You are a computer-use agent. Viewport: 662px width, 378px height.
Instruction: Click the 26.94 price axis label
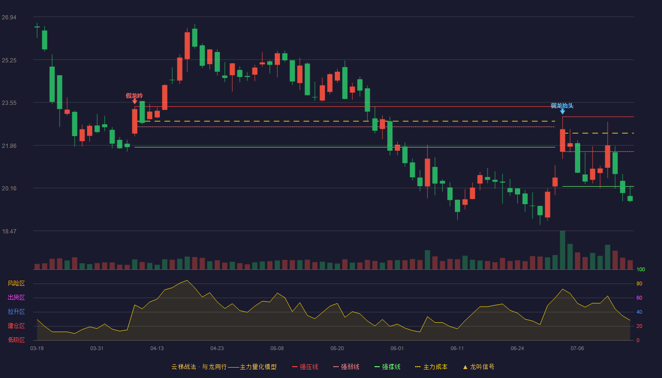click(9, 17)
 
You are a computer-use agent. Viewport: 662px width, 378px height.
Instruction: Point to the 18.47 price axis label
click(9, 231)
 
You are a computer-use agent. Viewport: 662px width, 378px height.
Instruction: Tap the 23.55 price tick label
click(9, 103)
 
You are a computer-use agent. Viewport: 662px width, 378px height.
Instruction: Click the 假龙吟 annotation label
click(134, 95)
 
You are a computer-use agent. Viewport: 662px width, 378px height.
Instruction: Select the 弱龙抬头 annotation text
click(562, 106)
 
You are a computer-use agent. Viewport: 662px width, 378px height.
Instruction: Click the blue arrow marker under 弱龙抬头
click(562, 112)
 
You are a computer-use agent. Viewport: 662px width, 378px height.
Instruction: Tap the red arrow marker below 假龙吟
click(134, 102)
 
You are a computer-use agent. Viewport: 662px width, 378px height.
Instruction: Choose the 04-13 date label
click(157, 349)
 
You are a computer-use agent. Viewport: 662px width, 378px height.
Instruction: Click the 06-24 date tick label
click(517, 349)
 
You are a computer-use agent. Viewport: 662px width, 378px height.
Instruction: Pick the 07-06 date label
click(577, 349)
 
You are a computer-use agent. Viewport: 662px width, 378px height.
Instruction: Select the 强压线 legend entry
click(305, 367)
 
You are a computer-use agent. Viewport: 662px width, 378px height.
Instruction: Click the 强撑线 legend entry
click(387, 367)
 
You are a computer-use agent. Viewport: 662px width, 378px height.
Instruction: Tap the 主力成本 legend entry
click(431, 367)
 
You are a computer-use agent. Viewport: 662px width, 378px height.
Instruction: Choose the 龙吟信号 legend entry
click(479, 367)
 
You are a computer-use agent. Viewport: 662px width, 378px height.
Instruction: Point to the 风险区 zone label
click(16, 283)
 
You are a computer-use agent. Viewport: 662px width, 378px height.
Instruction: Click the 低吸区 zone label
click(16, 340)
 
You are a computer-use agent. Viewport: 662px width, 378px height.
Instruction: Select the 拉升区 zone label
click(16, 311)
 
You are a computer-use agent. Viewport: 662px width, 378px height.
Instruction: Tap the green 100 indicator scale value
click(641, 269)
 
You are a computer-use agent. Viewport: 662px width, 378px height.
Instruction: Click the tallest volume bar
click(562, 250)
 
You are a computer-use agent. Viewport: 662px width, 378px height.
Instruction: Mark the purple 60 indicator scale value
click(639, 298)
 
